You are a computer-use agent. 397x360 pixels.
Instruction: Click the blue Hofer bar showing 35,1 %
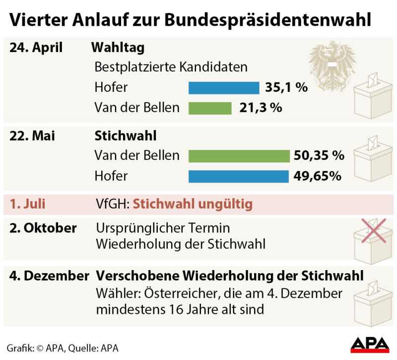[224, 88]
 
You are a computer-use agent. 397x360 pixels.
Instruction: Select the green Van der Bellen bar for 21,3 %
[210, 108]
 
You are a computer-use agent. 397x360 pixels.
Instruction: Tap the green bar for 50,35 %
[239, 156]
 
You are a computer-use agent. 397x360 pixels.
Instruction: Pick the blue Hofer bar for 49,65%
[238, 176]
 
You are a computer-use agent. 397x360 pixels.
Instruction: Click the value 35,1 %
[286, 88]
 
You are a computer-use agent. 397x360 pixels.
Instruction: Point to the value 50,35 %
[319, 156]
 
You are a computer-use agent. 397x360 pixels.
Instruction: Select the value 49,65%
[318, 176]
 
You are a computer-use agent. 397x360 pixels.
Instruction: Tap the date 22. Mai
[32, 136]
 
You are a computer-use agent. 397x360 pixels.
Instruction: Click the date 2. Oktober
[43, 228]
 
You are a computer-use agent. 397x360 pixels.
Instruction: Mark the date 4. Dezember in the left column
[49, 276]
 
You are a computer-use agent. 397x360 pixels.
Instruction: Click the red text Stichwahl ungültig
[193, 205]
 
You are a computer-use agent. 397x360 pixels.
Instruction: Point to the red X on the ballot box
[373, 230]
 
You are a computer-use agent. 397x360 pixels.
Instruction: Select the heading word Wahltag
[118, 48]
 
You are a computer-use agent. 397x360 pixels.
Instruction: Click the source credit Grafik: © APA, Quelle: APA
[63, 348]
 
